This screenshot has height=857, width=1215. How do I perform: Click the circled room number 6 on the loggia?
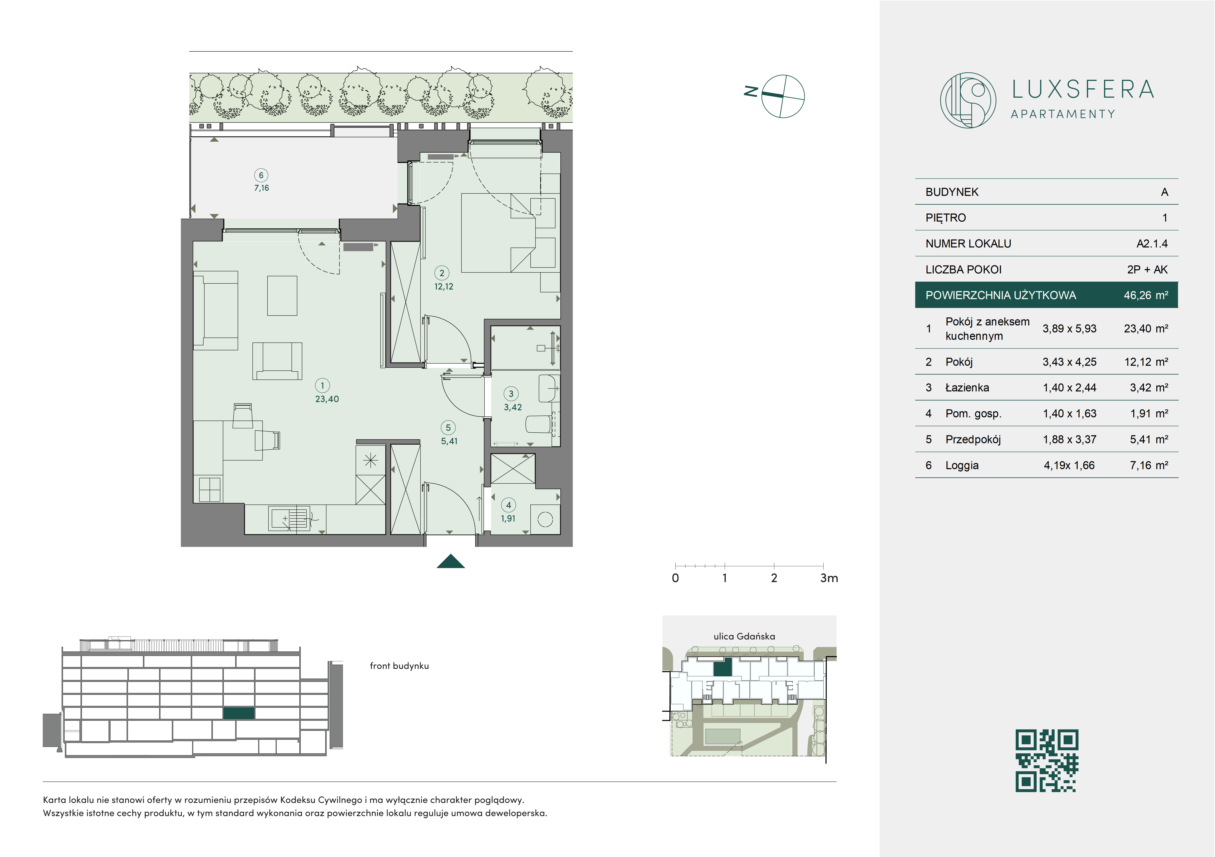(261, 175)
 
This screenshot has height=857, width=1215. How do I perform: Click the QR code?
(1047, 761)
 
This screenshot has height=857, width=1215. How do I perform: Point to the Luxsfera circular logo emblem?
(968, 100)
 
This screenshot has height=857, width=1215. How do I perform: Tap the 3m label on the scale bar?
(829, 578)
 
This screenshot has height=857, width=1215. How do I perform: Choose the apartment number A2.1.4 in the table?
(1152, 244)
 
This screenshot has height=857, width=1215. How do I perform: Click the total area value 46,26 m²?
(1146, 295)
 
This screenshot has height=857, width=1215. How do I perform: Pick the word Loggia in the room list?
(962, 466)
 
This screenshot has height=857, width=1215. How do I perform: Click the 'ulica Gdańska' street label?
(744, 636)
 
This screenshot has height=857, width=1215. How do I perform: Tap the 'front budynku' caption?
(399, 666)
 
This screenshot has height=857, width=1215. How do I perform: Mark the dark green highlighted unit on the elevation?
(239, 713)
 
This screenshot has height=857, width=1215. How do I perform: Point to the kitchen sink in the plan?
(290, 518)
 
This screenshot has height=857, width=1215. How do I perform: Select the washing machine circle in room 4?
(545, 520)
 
